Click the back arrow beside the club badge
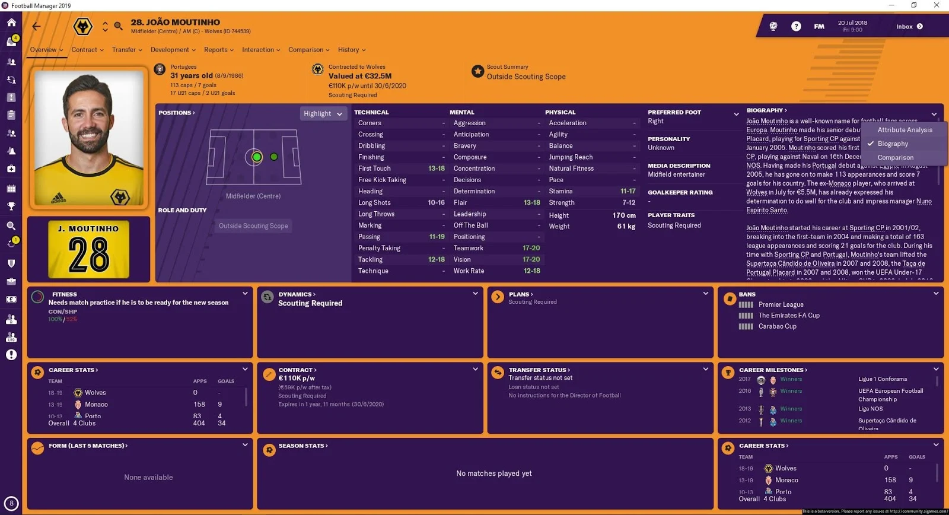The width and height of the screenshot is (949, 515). click(37, 26)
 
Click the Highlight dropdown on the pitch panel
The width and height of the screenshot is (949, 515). click(323, 113)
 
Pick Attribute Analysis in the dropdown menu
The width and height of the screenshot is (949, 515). click(905, 130)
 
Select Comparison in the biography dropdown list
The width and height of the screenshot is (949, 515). click(895, 158)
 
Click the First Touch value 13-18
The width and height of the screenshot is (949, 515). click(437, 169)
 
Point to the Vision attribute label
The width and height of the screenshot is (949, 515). click(462, 259)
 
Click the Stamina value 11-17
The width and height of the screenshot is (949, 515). click(628, 191)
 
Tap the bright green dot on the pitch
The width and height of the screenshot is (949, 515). click(257, 157)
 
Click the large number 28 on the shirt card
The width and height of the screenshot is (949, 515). click(89, 255)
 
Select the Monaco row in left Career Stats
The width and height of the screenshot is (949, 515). click(96, 405)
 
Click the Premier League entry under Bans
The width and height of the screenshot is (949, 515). click(781, 304)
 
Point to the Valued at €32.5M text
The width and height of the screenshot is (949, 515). click(360, 76)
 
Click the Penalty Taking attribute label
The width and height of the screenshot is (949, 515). click(379, 248)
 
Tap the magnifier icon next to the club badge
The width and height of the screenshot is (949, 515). click(119, 26)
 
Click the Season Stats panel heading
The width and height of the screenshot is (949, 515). click(302, 446)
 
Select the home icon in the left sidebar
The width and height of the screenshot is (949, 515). click(11, 23)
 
